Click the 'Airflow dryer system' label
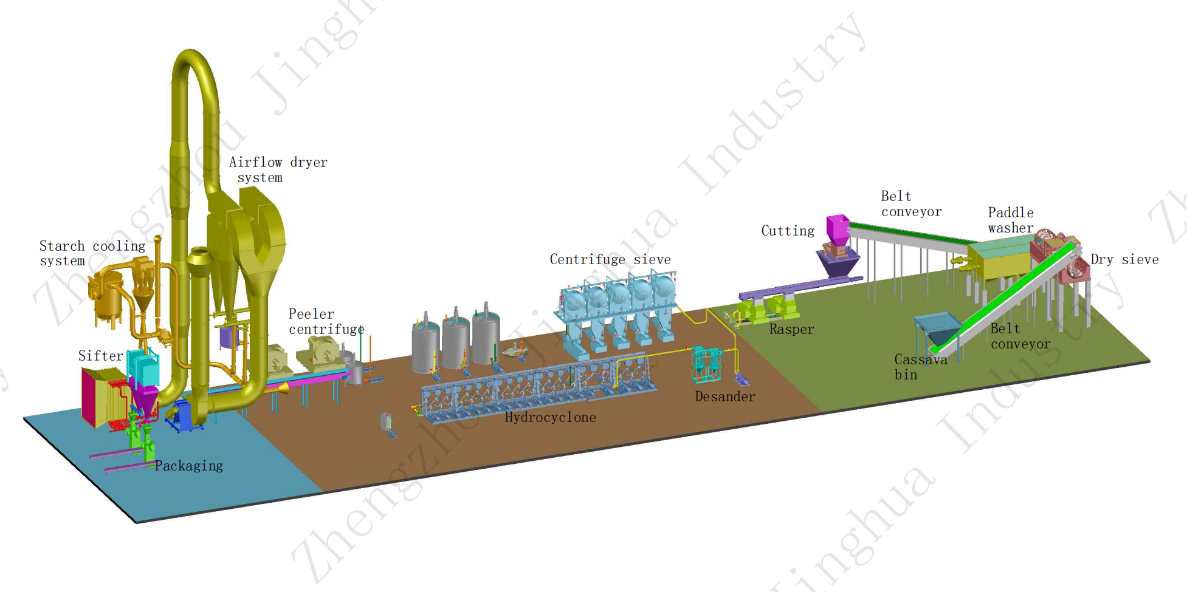(x=278, y=170)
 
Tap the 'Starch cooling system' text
(x=92, y=253)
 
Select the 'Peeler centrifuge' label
(x=326, y=322)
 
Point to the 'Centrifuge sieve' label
(x=610, y=260)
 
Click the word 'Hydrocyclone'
(x=550, y=418)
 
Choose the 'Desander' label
(x=724, y=397)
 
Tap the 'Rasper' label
(x=791, y=330)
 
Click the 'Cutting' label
(x=788, y=231)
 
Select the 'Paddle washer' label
(x=1011, y=220)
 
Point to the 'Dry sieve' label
(x=1124, y=260)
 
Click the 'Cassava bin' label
(x=920, y=367)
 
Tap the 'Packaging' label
(x=189, y=466)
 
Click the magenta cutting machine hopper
(x=838, y=230)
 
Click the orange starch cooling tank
(x=107, y=298)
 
